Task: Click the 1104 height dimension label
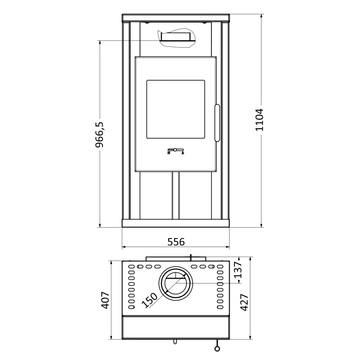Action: tap(260, 120)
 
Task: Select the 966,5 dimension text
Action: tap(99, 135)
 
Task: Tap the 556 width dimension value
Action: tap(176, 242)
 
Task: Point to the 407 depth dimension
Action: tap(106, 300)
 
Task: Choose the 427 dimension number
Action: tap(244, 302)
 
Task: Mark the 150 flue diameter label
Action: tap(150, 300)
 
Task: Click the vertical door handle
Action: tap(217, 123)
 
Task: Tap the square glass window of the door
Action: tap(175, 109)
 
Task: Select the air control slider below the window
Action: tap(175, 150)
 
